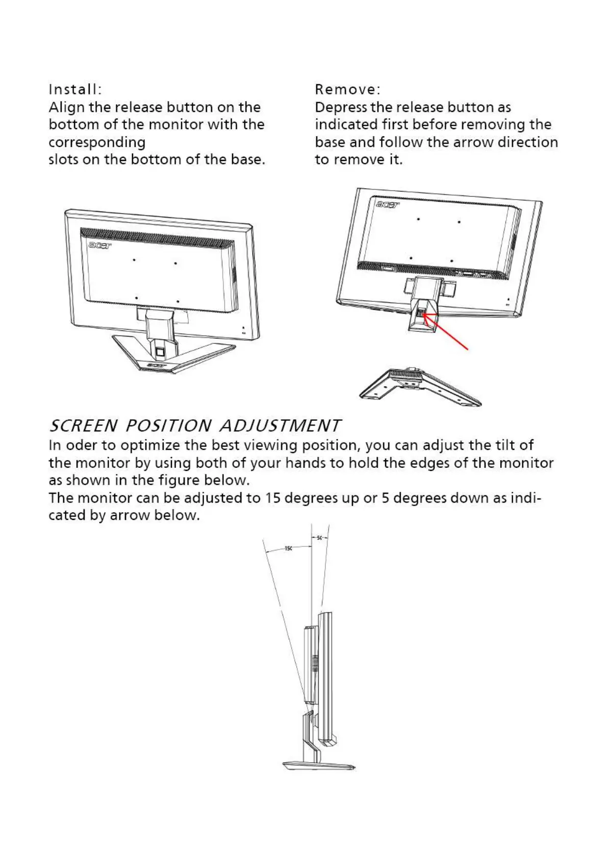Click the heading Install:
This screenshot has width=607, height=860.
(x=75, y=89)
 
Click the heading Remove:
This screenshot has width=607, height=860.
(x=347, y=89)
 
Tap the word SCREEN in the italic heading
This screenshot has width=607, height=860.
(x=83, y=425)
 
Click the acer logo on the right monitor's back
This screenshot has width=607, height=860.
(x=388, y=205)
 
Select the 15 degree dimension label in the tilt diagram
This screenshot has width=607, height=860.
(x=288, y=548)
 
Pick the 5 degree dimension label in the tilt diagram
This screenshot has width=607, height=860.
(x=319, y=538)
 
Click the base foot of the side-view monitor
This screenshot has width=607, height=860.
(x=318, y=766)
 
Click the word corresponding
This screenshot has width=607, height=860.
(x=97, y=142)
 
